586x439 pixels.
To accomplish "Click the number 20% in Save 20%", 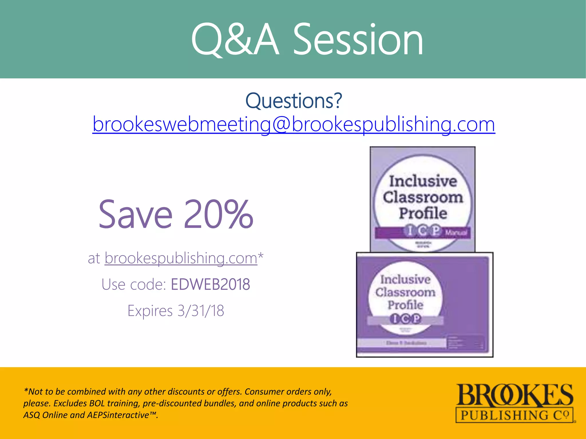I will click(x=219, y=214).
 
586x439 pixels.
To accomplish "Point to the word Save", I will click(x=136, y=214).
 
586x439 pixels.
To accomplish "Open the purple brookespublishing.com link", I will click(x=181, y=258).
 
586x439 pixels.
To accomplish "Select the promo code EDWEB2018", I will click(x=210, y=284).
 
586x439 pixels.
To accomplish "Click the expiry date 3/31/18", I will click(x=201, y=311).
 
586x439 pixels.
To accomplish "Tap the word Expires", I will click(x=150, y=311).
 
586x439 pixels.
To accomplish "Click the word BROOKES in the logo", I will click(x=514, y=396).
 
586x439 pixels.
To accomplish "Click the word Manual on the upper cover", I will click(x=456, y=233).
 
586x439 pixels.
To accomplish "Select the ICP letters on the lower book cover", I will click(x=405, y=319).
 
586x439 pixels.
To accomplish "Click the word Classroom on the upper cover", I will click(x=423, y=197).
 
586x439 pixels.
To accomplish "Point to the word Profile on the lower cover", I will click(x=405, y=305).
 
